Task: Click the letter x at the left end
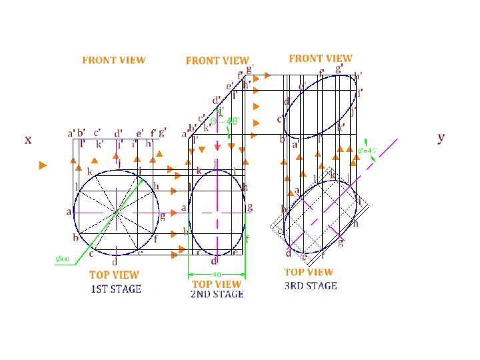click(27, 139)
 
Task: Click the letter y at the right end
click(441, 137)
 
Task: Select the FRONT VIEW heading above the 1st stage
click(113, 60)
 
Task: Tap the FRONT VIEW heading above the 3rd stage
click(321, 59)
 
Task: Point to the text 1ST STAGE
click(116, 289)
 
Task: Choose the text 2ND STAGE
click(217, 294)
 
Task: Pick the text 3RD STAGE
click(311, 285)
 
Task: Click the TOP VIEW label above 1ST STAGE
click(115, 275)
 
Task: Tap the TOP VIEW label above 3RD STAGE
click(309, 272)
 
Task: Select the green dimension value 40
click(217, 274)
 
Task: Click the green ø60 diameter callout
click(62, 259)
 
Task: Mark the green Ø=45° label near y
click(367, 150)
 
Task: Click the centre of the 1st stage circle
click(117, 213)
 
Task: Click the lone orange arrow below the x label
click(43, 165)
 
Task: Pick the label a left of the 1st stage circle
click(68, 212)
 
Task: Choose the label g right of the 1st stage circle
click(162, 216)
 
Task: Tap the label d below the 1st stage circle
click(115, 261)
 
